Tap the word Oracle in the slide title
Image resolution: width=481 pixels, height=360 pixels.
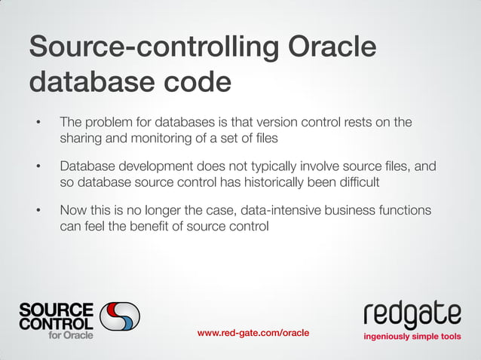pyautogui.click(x=331, y=47)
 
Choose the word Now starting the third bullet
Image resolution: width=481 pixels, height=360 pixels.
pyautogui.click(x=75, y=210)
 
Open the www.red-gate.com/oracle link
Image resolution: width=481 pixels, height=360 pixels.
pyautogui.click(x=253, y=333)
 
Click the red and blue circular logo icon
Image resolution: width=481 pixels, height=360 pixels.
pyautogui.click(x=120, y=319)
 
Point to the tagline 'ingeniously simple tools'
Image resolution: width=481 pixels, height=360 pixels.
pyautogui.click(x=412, y=336)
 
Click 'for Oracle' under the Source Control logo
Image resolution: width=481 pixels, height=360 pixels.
pyautogui.click(x=71, y=335)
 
